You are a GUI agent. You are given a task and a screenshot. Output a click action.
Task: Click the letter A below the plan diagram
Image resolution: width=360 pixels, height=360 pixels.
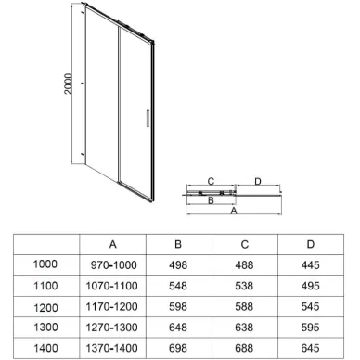232,212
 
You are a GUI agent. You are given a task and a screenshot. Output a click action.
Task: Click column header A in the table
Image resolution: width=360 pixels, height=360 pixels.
112,245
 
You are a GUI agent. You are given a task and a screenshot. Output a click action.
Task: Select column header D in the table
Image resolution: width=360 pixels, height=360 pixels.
309,245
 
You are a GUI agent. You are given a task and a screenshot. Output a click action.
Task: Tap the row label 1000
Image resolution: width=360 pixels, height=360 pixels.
45,264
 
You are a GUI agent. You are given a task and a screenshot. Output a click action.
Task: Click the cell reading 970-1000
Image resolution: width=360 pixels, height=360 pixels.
112,264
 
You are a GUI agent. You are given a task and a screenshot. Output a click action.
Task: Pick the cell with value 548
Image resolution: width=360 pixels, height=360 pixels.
177,285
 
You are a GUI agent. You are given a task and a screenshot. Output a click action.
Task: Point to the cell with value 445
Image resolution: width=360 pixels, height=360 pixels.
309,264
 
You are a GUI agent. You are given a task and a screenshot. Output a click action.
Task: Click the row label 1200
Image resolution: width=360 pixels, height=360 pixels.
45,305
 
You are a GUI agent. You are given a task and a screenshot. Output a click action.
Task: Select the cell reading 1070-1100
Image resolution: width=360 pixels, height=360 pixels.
112,285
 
